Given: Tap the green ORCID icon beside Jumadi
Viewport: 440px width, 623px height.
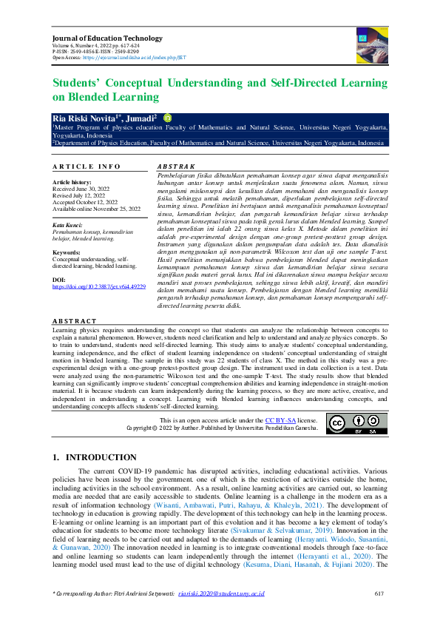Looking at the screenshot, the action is tap(167, 117).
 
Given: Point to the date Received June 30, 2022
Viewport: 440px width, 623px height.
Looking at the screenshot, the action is tap(81, 188).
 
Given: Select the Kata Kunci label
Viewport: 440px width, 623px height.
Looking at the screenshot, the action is tap(68, 223).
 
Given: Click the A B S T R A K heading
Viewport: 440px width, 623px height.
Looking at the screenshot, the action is tap(177, 167).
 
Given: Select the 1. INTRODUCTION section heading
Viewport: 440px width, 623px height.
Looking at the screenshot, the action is tap(95, 458).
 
